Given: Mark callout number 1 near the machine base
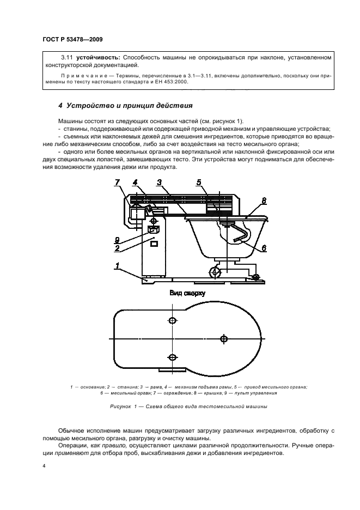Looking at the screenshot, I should pos(116,265).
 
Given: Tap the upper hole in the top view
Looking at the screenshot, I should pos(173,320).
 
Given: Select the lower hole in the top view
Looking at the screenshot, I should pos(173,357).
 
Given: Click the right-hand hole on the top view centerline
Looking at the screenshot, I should pos(223,339).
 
